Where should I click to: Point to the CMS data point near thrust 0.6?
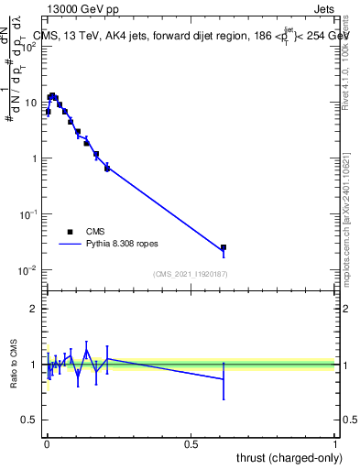point(224,247)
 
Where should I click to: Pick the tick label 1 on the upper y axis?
point(35,158)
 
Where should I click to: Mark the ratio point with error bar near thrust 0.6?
point(224,378)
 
